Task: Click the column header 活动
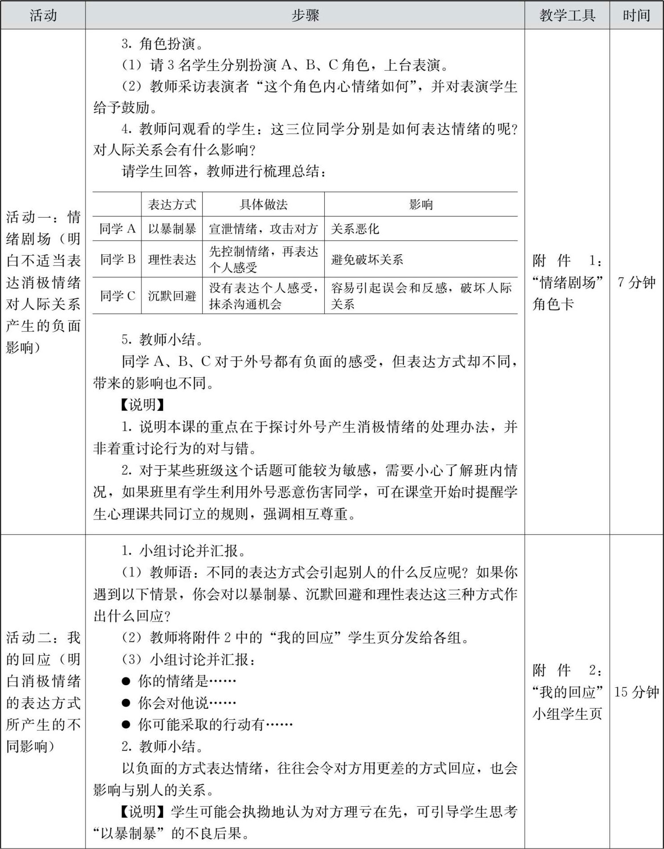pos(43,16)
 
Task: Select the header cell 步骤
pos(305,16)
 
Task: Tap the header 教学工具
pos(567,16)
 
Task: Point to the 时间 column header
pos(636,16)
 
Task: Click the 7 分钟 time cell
pos(636,282)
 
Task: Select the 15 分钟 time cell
pos(636,692)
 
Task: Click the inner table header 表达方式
pos(172,204)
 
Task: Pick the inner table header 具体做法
pos(263,204)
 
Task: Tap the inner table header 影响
pos(421,204)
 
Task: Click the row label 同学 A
pos(117,229)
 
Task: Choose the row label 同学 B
pos(117,259)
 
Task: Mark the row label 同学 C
pos(117,296)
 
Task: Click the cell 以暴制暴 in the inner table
pos(172,229)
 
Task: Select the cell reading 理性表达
pos(172,259)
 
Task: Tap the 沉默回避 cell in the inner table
pos(172,296)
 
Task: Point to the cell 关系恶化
pos(355,229)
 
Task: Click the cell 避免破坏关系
pos(367,259)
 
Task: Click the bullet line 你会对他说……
pos(187,703)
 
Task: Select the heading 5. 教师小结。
pos(163,340)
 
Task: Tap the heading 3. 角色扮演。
pos(163,44)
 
